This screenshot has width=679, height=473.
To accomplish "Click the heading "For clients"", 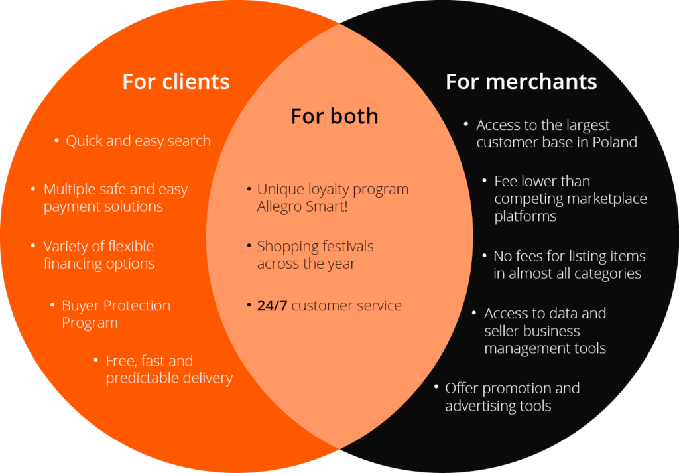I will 176,82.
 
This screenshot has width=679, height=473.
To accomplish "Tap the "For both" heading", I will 334,116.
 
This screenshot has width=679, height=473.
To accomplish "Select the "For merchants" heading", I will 521,82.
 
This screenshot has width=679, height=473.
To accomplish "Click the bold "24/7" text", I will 272,306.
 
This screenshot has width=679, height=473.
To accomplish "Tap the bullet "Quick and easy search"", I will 138,141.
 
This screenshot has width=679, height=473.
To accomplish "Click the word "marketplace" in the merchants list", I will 607,198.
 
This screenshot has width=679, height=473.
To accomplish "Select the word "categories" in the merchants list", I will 608,273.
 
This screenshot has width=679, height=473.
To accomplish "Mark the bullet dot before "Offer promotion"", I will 436,386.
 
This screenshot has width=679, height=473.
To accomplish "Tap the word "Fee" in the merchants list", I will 506,181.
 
